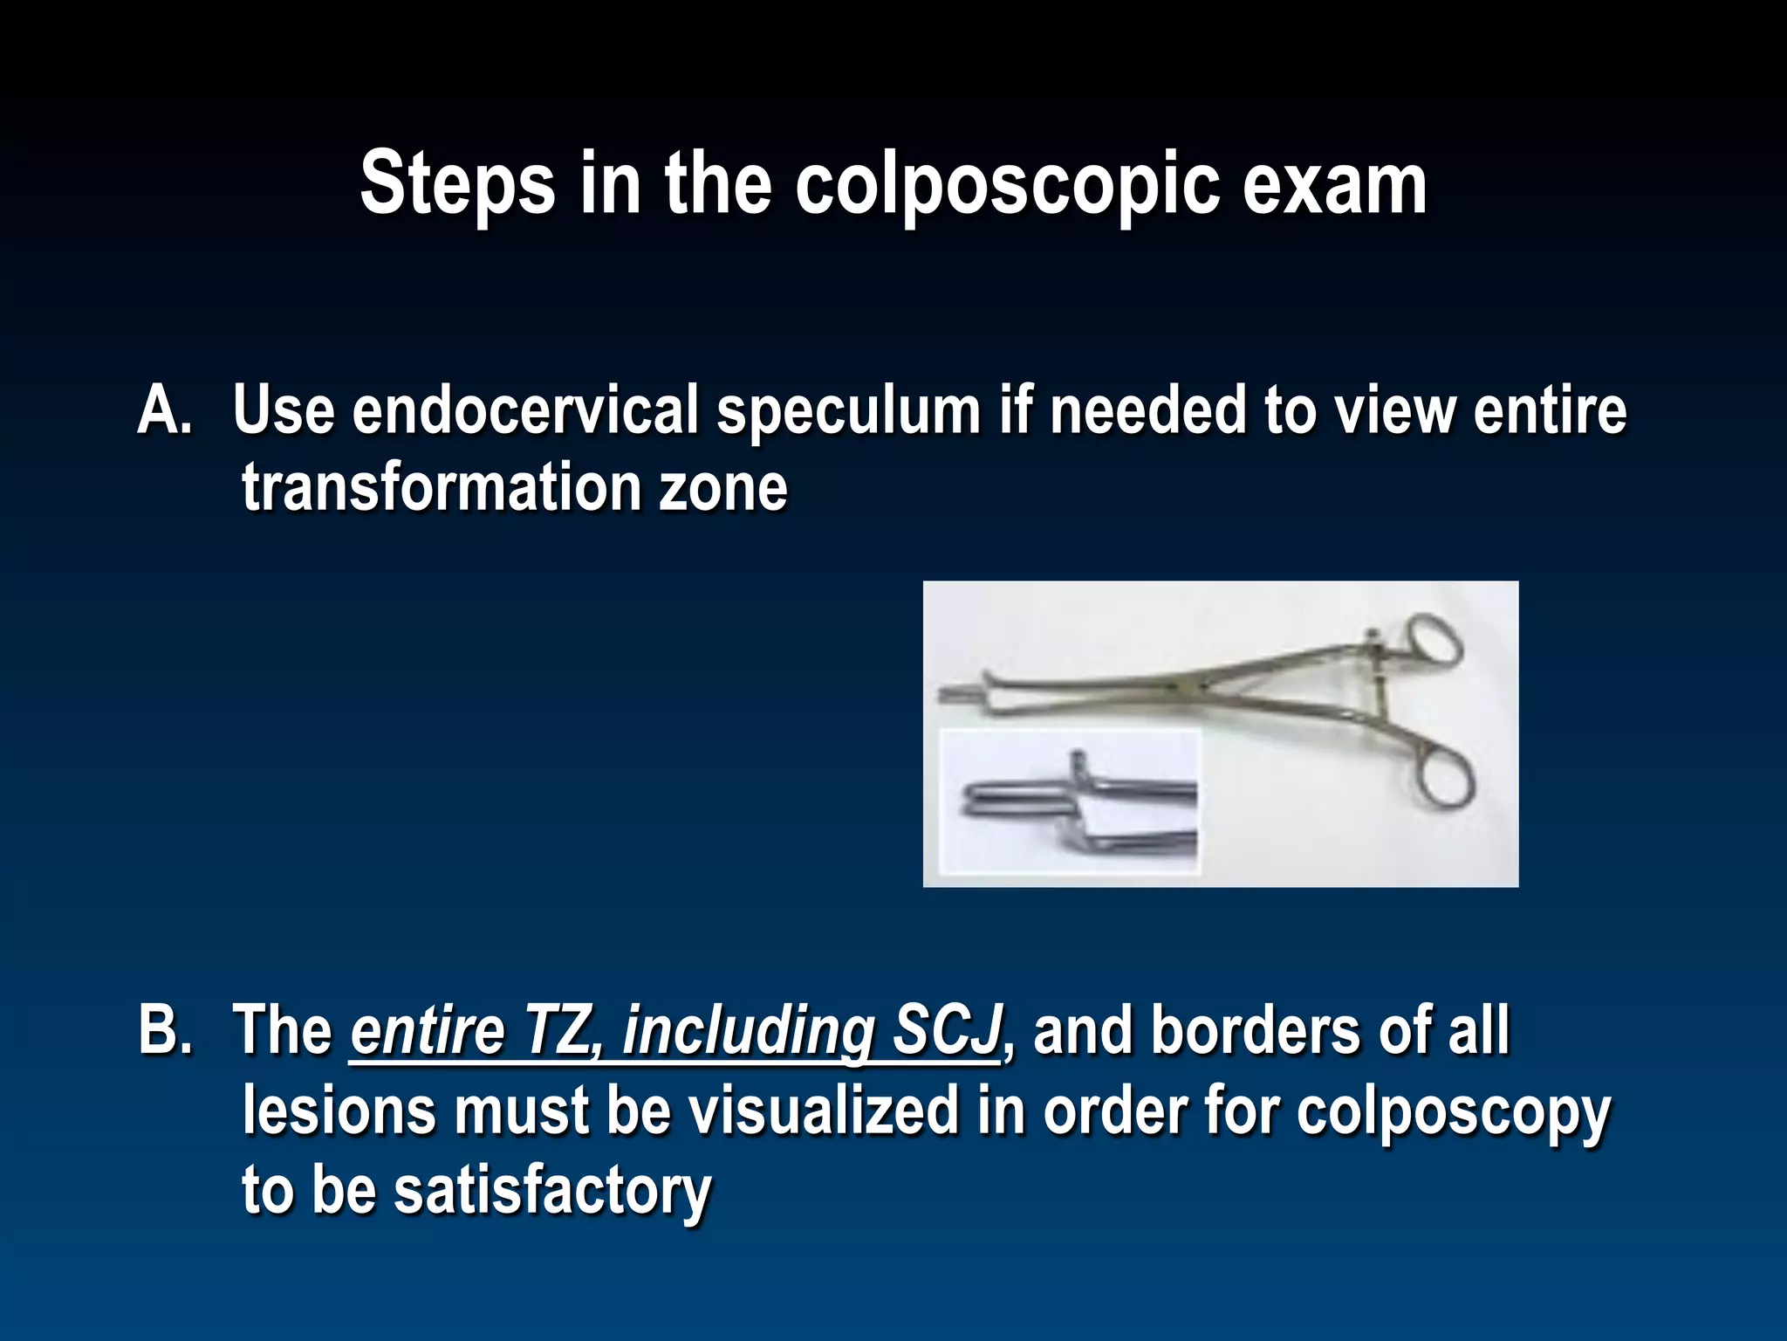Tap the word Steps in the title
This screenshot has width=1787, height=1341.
[x=457, y=185]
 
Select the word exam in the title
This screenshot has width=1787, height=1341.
[x=1334, y=185]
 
